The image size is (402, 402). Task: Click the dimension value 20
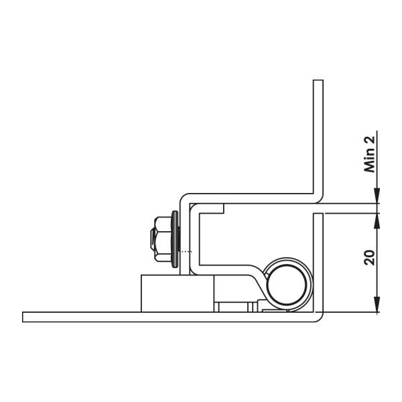368,257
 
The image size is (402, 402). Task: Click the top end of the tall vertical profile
319,82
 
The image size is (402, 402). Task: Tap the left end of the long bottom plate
25,317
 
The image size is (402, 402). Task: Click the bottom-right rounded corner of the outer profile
320,318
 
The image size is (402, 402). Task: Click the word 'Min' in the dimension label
368,163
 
